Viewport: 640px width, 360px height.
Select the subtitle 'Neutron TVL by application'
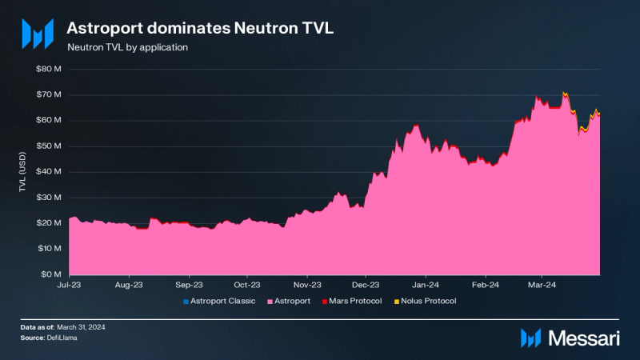click(x=128, y=47)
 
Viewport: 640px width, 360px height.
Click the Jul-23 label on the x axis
click(x=69, y=284)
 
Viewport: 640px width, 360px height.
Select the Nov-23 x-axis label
click(x=307, y=284)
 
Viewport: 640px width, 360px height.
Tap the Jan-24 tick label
click(x=426, y=284)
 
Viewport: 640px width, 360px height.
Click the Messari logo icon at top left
click(x=38, y=33)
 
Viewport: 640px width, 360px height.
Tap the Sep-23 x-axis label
click(x=188, y=284)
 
